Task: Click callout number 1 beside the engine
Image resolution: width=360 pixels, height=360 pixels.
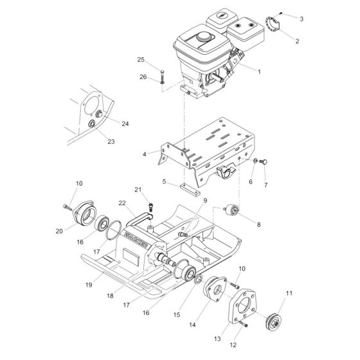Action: pyautogui.click(x=258, y=72)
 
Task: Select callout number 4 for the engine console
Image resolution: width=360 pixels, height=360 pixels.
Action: pyautogui.click(x=145, y=154)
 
